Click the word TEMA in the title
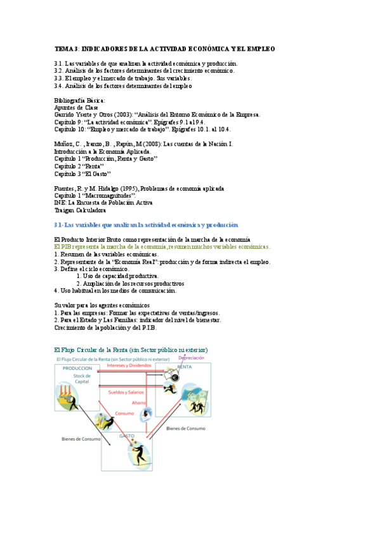tap(63, 49)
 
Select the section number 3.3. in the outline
tap(60, 79)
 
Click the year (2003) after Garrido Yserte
tap(114, 115)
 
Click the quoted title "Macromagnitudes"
tap(105, 196)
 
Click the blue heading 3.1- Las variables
tap(146, 225)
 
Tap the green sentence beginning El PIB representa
tap(162, 247)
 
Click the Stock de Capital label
tap(81, 379)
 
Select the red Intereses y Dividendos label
tap(129, 365)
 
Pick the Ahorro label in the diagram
tap(139, 403)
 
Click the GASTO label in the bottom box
tap(127, 436)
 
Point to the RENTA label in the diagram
tap(185, 367)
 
